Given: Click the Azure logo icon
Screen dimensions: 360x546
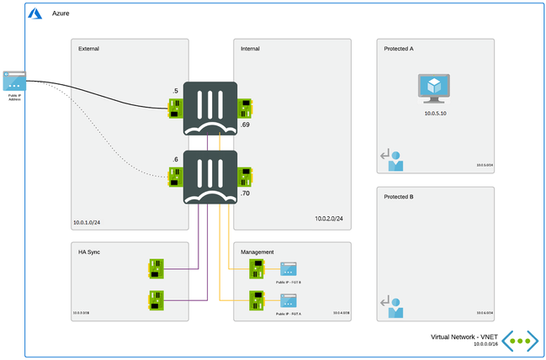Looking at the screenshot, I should point(36,14).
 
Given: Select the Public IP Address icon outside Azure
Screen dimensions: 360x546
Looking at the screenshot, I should point(14,81).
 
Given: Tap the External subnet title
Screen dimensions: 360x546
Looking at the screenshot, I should point(88,49).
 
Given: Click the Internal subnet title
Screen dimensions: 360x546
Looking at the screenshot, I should point(250,49).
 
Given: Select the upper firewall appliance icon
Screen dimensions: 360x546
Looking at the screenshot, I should point(209,108).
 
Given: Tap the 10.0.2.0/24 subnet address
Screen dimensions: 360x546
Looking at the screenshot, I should point(329,219).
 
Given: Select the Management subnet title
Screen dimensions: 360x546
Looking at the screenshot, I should point(256,251).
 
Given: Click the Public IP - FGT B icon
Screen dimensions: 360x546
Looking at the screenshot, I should point(288,269).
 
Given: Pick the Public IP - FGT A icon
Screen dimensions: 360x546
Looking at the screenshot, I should point(288,299).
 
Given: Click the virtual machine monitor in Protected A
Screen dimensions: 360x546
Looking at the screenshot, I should point(435,88).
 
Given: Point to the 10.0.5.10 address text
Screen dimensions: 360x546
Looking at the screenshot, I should point(435,111).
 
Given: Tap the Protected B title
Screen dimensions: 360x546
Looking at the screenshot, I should point(398,197).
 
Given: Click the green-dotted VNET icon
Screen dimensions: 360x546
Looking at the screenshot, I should point(521,341).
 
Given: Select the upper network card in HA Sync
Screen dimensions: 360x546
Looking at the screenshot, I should point(156,268).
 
